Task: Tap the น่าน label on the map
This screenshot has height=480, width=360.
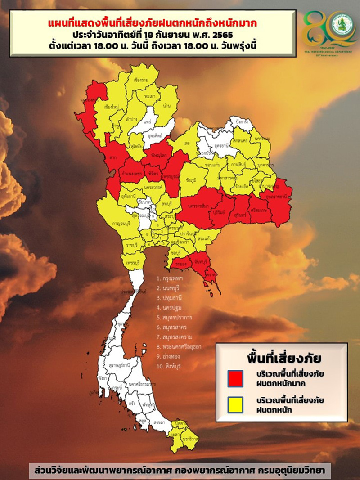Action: pyautogui.click(x=166, y=105)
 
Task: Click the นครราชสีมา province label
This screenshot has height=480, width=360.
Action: pyautogui.click(x=195, y=206)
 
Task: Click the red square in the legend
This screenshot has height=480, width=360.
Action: pyautogui.click(x=235, y=378)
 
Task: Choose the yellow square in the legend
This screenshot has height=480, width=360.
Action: pyautogui.click(x=235, y=404)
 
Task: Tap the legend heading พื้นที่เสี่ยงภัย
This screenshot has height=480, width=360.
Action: pyautogui.click(x=280, y=359)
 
